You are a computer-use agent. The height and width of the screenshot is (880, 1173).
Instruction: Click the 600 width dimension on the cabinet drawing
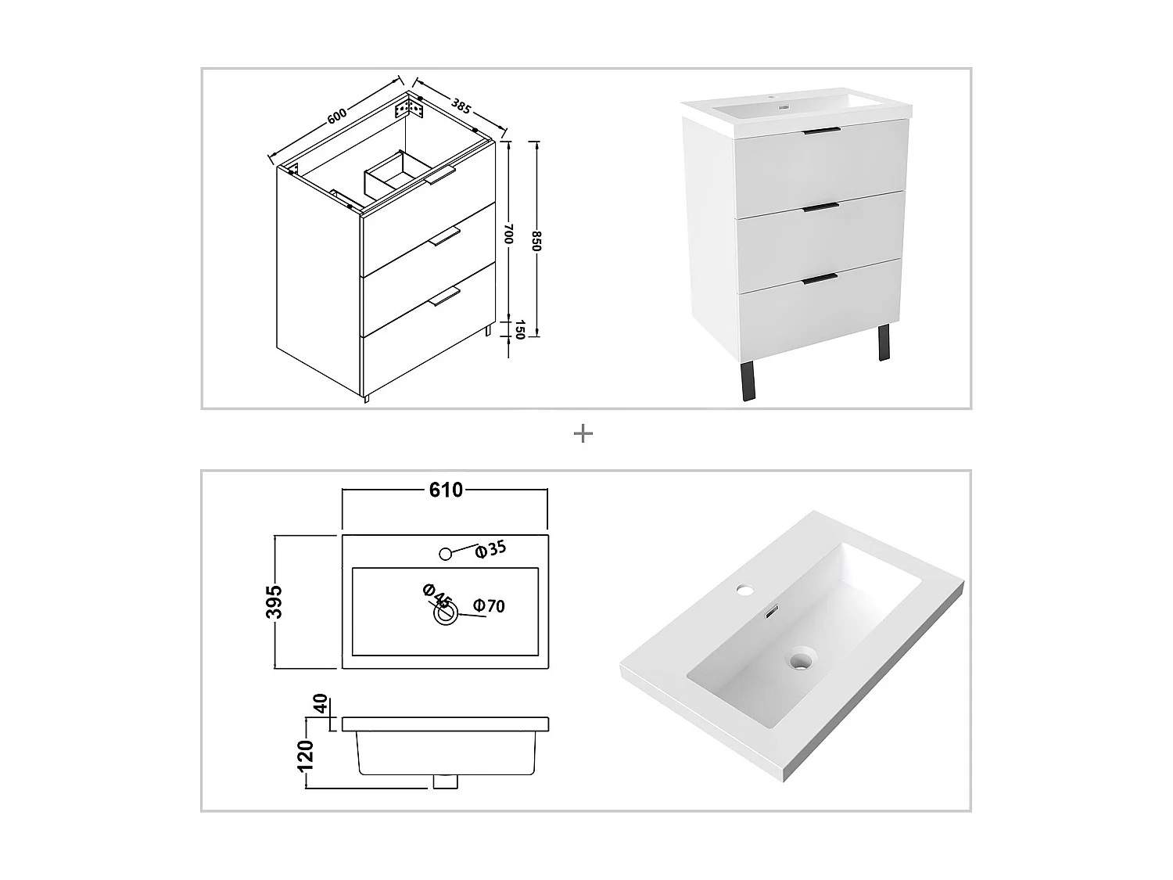[x=336, y=115]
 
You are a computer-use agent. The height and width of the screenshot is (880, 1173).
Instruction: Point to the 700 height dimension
[x=508, y=234]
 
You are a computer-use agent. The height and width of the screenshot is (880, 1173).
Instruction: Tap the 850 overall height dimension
[x=537, y=240]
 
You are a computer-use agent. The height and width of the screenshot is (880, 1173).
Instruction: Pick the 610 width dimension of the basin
[x=446, y=490]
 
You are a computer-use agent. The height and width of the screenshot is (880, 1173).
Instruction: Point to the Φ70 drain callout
[x=490, y=605]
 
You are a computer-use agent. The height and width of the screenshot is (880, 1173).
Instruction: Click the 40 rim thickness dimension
[x=319, y=703]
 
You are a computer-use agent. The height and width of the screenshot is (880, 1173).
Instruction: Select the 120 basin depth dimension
[x=306, y=756]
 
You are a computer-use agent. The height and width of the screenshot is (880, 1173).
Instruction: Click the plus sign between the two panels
[x=583, y=433]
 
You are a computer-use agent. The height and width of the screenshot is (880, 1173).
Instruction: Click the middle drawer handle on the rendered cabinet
[x=820, y=207]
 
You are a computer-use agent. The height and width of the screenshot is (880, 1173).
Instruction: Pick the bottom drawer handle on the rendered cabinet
[x=820, y=277]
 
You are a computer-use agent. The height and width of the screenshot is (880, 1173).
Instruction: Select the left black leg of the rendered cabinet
[x=748, y=381]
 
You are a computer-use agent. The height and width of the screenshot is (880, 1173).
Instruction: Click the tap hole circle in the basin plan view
[x=446, y=554]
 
